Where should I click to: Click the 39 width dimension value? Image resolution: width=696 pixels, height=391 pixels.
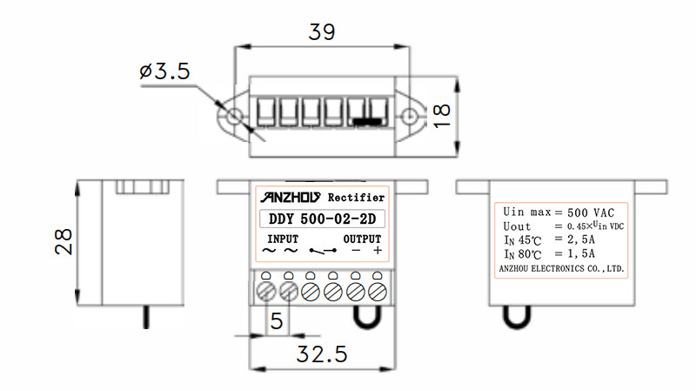(323, 32)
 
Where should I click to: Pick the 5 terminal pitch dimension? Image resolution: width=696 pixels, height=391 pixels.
(277, 320)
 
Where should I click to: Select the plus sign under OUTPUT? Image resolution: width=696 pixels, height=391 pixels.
(378, 251)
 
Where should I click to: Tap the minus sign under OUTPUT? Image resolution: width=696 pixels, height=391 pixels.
(356, 251)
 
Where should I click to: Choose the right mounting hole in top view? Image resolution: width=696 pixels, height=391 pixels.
(412, 117)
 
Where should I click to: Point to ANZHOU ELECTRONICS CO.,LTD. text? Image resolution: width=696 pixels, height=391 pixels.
(561, 269)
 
